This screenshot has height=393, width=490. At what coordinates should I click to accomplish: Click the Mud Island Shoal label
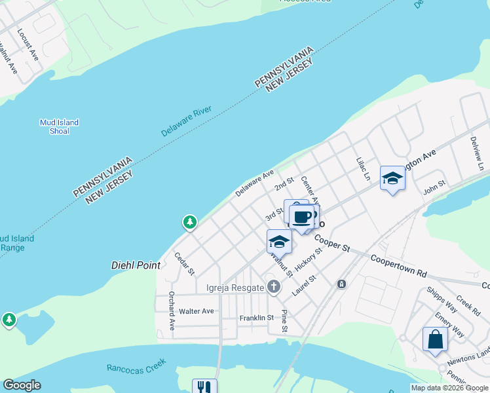(59, 126)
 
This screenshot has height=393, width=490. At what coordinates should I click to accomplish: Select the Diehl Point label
(135, 265)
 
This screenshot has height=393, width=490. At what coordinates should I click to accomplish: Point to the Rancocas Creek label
(137, 366)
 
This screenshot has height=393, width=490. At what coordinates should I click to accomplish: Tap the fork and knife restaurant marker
(204, 387)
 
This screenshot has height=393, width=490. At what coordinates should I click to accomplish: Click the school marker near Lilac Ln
(392, 178)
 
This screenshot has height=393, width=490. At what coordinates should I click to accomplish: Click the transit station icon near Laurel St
(341, 284)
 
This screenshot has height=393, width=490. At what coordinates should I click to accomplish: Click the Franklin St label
(256, 318)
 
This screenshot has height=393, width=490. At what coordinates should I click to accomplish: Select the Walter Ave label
(197, 311)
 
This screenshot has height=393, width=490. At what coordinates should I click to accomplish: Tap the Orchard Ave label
(172, 310)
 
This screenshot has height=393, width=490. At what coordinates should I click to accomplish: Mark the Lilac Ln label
(363, 169)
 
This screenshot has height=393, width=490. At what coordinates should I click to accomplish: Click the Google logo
(22, 385)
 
